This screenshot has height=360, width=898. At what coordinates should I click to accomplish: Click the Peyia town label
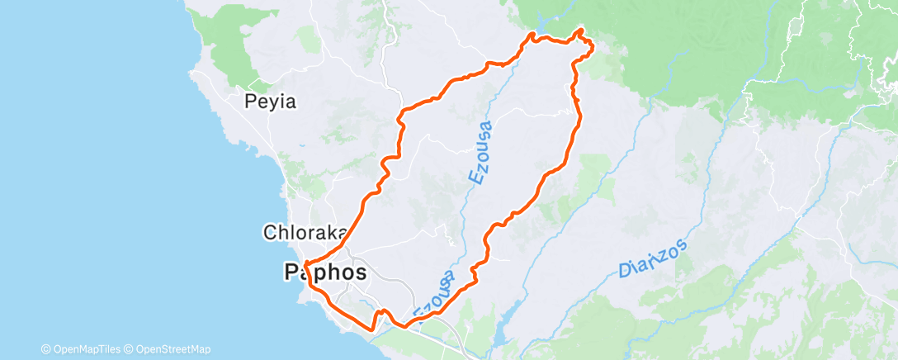click(270, 102)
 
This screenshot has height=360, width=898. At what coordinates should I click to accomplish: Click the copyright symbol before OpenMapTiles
click(45, 349)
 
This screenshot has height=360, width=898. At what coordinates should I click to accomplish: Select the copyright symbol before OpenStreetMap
click(128, 349)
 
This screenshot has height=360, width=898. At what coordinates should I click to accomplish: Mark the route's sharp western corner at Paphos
click(305, 264)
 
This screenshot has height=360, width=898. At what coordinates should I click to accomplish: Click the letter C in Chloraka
click(269, 233)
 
